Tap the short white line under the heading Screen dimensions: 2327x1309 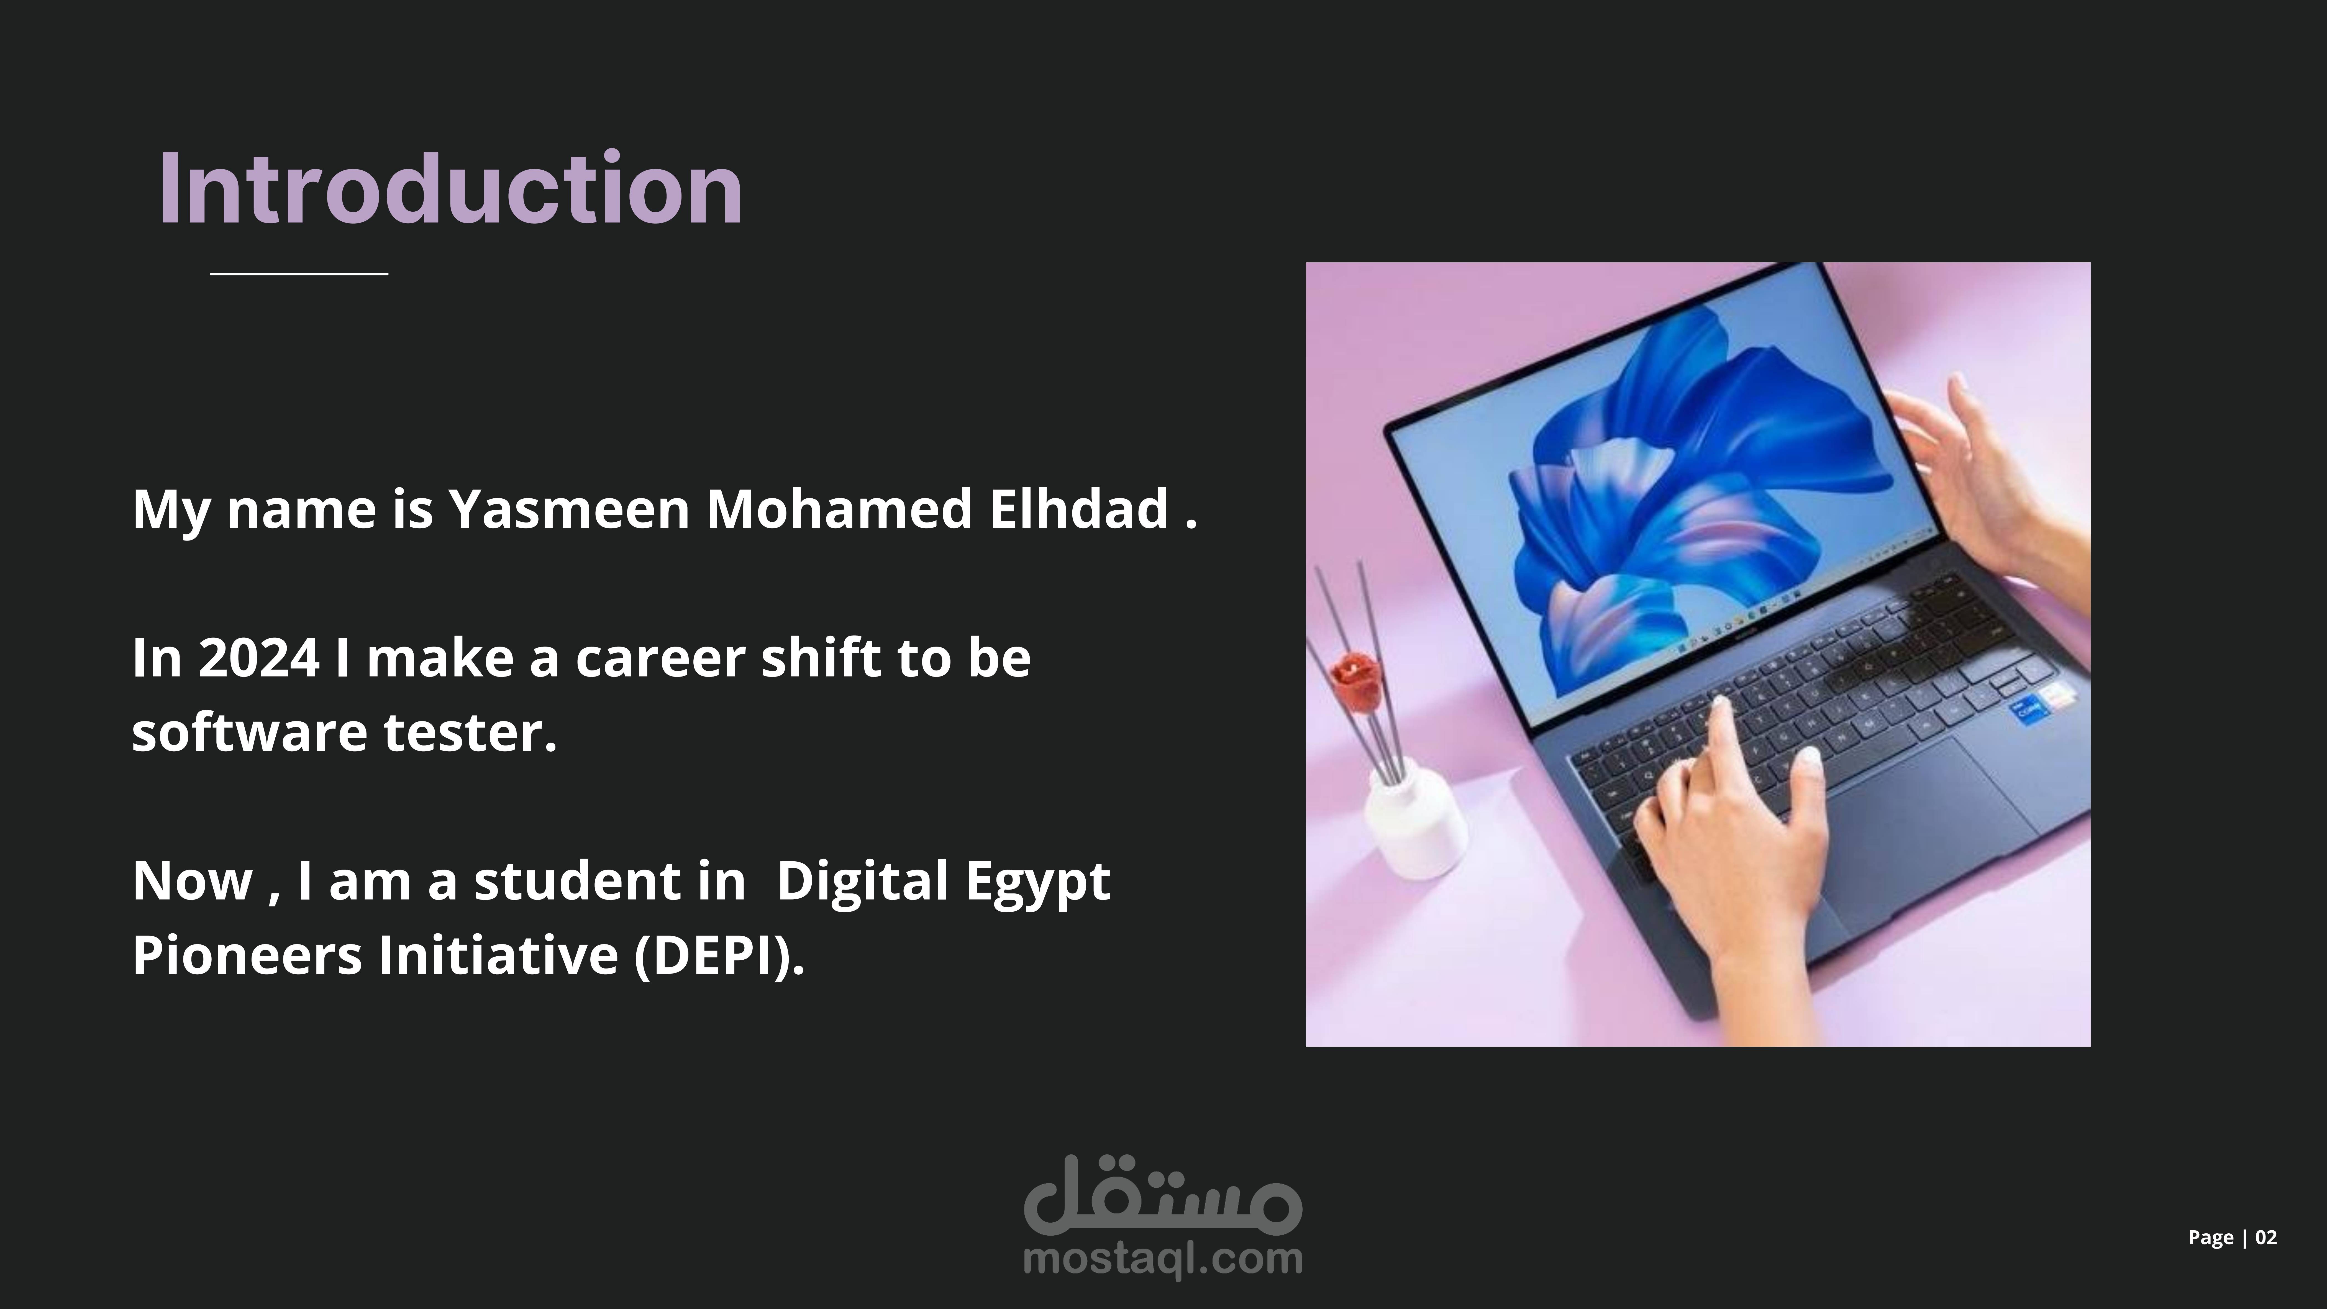point(299,273)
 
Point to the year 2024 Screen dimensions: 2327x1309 point(258,658)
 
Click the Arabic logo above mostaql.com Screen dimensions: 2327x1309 point(1163,1194)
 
